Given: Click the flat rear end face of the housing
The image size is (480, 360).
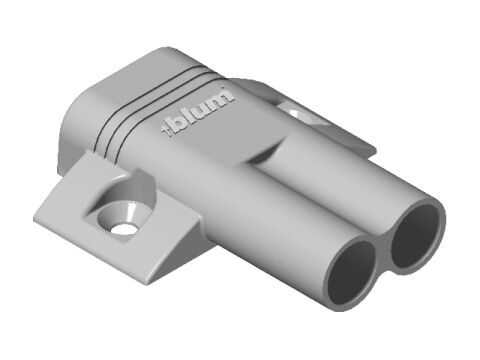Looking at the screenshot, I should click(x=75, y=130).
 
